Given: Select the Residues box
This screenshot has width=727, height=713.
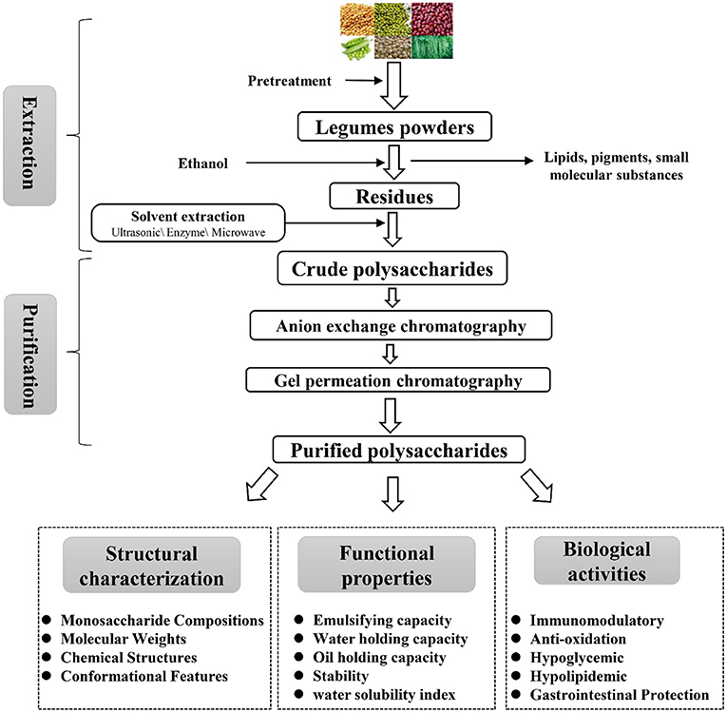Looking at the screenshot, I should point(393,197).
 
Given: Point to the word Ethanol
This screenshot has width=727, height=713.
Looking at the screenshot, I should point(205,163).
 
